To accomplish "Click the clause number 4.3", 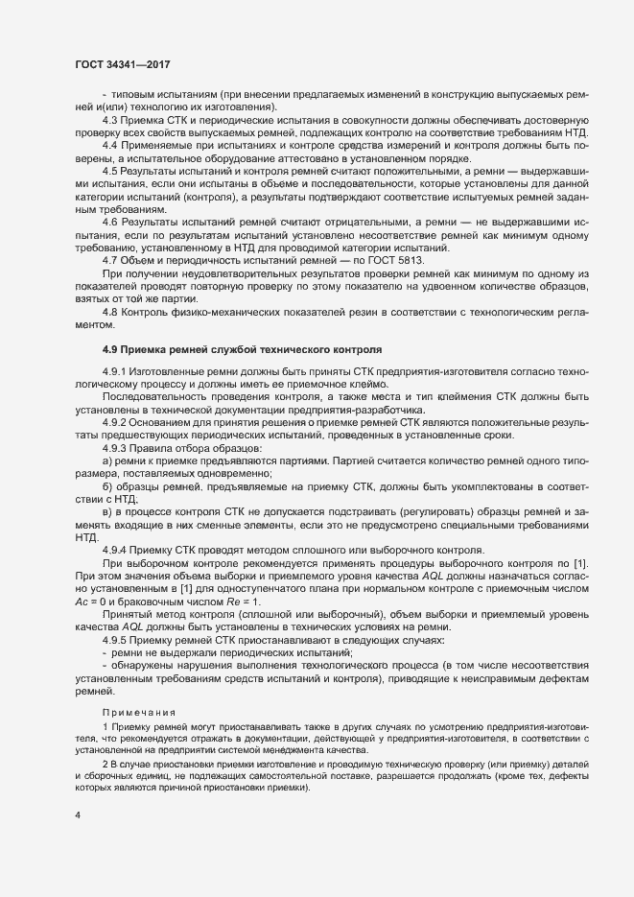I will click(110, 119).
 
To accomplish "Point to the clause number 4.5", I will click(110, 169).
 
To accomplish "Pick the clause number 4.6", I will click(110, 223).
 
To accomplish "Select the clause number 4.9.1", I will click(115, 370).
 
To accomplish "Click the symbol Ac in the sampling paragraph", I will click(82, 599).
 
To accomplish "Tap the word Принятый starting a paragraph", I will click(129, 612).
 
